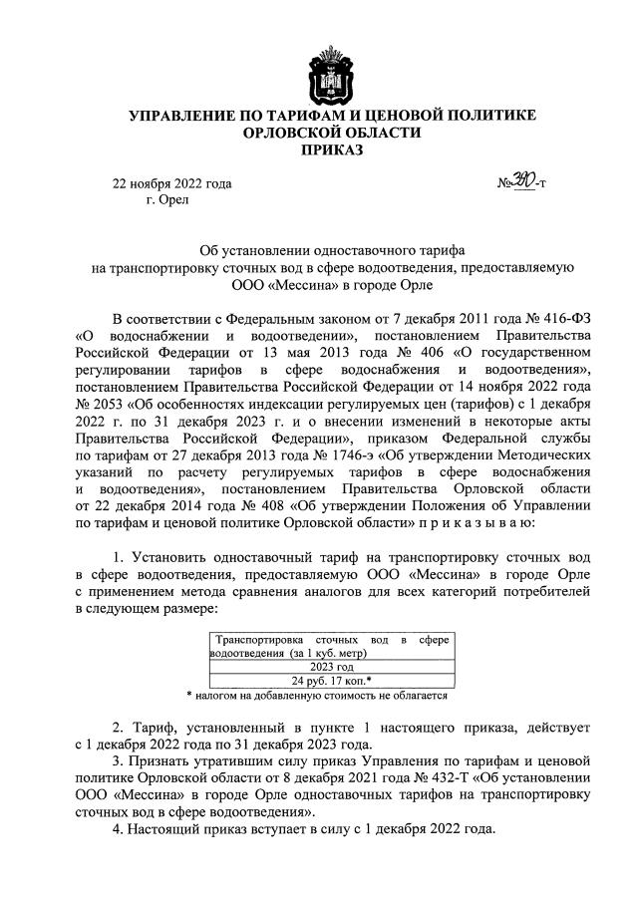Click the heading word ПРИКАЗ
tap(318, 150)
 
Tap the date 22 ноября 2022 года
tap(171, 182)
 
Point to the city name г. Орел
tap(166, 198)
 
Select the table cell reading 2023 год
tap(332, 667)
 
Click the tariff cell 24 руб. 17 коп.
tap(332, 681)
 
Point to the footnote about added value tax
tap(318, 696)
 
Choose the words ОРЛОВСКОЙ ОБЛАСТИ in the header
tap(319, 134)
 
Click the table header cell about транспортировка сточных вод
tap(332, 644)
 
